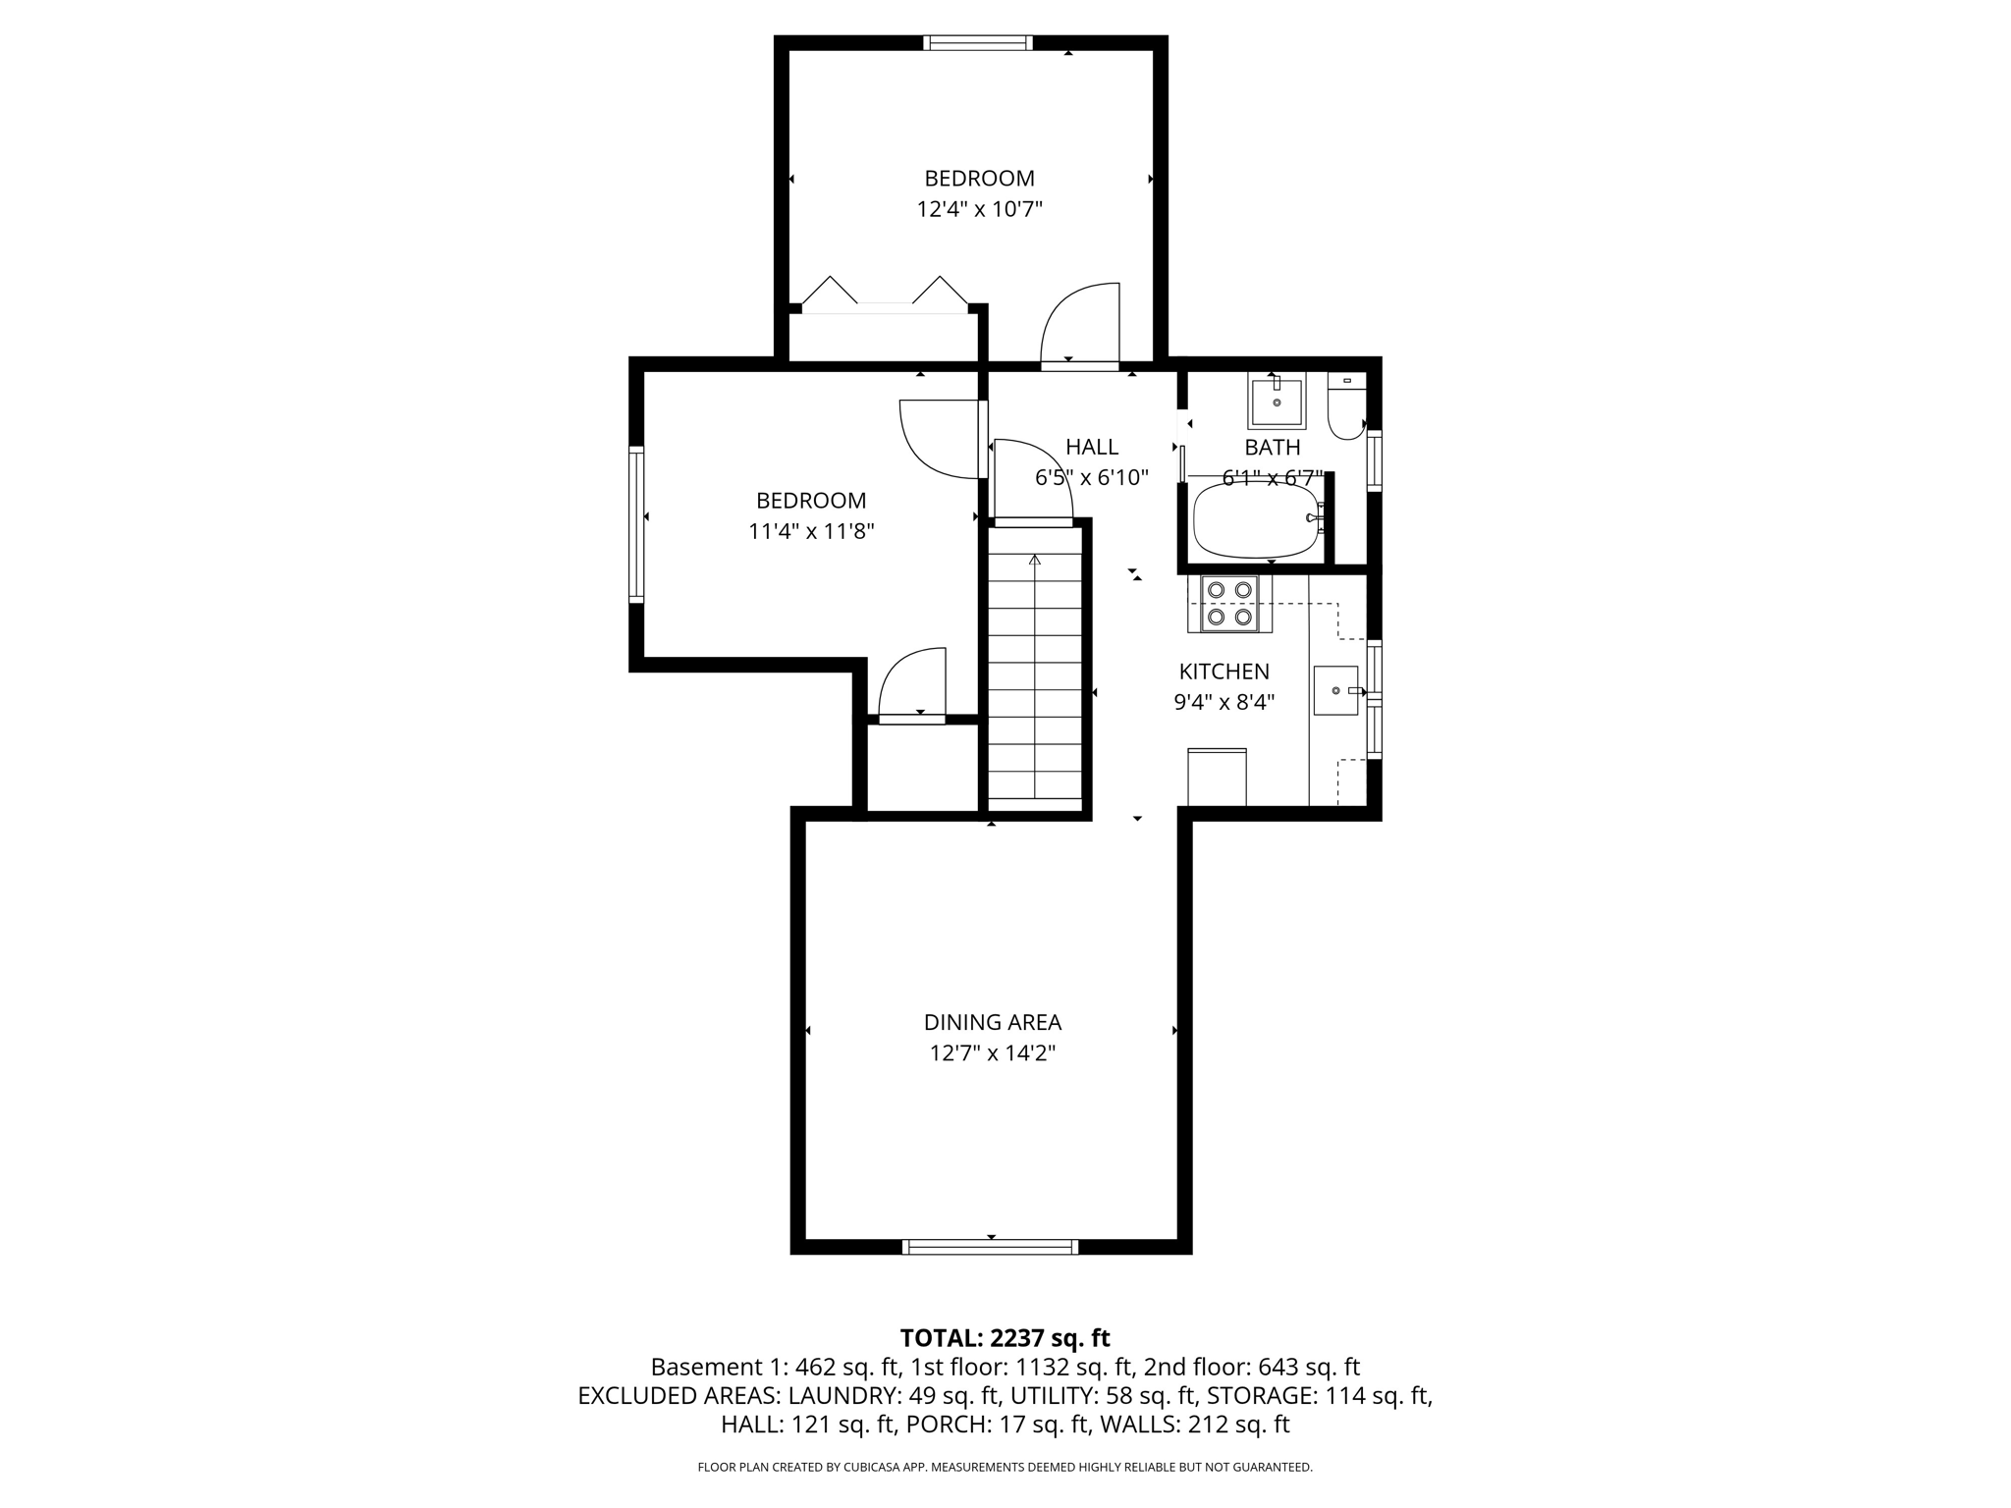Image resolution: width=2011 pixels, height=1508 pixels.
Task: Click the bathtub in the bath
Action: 1256,520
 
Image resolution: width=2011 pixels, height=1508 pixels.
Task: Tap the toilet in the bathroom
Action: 1346,408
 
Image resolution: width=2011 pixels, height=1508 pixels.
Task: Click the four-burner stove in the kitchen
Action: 1230,603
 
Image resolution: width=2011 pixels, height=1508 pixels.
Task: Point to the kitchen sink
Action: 1335,690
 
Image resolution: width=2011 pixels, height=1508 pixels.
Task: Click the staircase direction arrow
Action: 1034,562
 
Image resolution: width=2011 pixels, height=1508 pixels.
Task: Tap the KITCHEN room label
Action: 1223,672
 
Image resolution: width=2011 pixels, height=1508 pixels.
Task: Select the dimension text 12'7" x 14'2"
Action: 992,1053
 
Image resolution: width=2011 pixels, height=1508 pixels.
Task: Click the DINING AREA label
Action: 992,1022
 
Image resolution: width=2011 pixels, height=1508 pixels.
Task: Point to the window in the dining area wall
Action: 990,1247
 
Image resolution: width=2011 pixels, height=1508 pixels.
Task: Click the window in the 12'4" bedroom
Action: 977,42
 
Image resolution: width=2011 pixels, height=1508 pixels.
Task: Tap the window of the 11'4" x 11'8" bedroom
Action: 636,524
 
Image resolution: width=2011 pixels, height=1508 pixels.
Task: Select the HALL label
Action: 1091,447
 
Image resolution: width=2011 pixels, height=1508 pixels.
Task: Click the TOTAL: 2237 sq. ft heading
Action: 1005,1338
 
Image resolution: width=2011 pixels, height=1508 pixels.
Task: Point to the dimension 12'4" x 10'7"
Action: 979,209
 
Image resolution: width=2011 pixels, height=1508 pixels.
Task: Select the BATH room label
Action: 1272,448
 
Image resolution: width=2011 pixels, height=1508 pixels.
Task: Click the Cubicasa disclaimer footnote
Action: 1005,1467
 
